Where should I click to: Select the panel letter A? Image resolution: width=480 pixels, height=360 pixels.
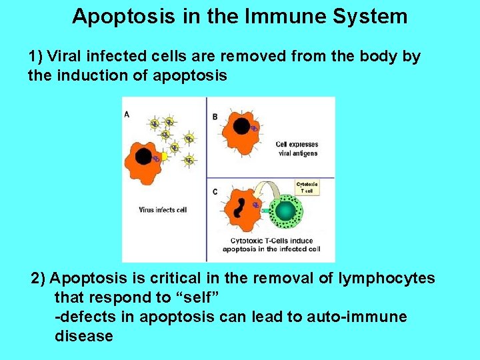[127, 115]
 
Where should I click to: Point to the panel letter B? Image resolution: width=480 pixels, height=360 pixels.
[215, 117]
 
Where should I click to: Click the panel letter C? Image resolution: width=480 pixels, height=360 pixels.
[215, 191]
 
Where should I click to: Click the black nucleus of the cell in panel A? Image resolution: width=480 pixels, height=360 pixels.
[143, 157]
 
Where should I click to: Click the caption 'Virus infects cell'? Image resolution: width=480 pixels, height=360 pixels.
[163, 210]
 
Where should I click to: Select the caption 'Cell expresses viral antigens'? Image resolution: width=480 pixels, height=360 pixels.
[297, 149]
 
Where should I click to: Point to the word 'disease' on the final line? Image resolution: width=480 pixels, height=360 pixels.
[83, 336]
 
